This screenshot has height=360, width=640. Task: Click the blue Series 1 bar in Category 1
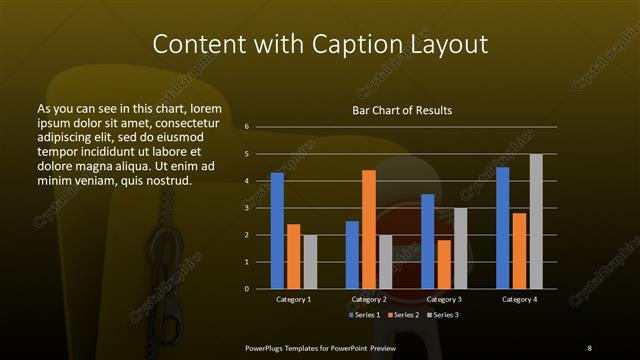click(x=277, y=231)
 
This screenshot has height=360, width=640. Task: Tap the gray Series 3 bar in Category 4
click(x=536, y=221)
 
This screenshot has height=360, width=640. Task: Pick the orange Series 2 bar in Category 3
click(x=444, y=264)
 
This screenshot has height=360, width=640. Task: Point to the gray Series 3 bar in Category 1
click(x=310, y=262)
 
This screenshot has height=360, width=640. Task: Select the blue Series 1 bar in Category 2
click(x=352, y=255)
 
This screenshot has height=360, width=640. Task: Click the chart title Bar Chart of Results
click(x=402, y=110)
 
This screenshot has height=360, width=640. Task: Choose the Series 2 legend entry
click(x=402, y=314)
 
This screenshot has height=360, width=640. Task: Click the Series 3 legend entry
click(x=441, y=314)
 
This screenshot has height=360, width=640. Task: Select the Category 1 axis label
click(x=293, y=299)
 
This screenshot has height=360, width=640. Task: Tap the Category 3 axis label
click(x=444, y=299)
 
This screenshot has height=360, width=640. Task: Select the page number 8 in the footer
click(x=589, y=347)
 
